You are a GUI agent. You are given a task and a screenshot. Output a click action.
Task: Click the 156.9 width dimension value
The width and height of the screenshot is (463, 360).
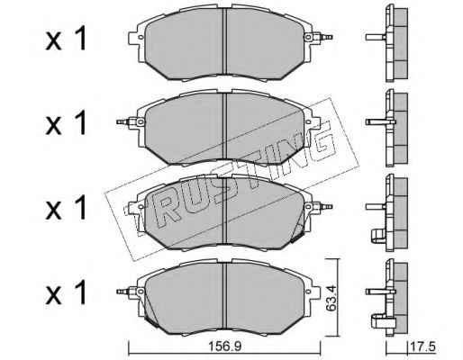pos(225,346)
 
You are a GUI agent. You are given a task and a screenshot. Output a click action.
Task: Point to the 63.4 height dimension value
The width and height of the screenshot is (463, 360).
pos(331,298)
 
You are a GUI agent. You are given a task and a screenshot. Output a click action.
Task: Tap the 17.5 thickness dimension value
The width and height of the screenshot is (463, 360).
pos(422,347)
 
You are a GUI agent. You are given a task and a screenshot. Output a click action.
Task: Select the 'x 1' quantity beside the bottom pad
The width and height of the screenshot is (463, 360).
pos(66,292)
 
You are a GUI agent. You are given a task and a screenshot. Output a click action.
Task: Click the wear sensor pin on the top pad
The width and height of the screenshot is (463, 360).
pos(325,37)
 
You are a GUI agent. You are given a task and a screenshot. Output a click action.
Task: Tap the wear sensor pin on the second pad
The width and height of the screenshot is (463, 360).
pos(124,121)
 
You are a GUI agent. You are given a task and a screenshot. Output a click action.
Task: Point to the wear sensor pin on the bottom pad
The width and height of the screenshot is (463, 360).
pos(124,291)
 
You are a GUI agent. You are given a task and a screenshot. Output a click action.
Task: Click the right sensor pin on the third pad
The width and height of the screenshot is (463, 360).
pos(325,207)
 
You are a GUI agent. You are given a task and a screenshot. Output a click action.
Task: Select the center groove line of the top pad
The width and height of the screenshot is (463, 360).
pos(224,41)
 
